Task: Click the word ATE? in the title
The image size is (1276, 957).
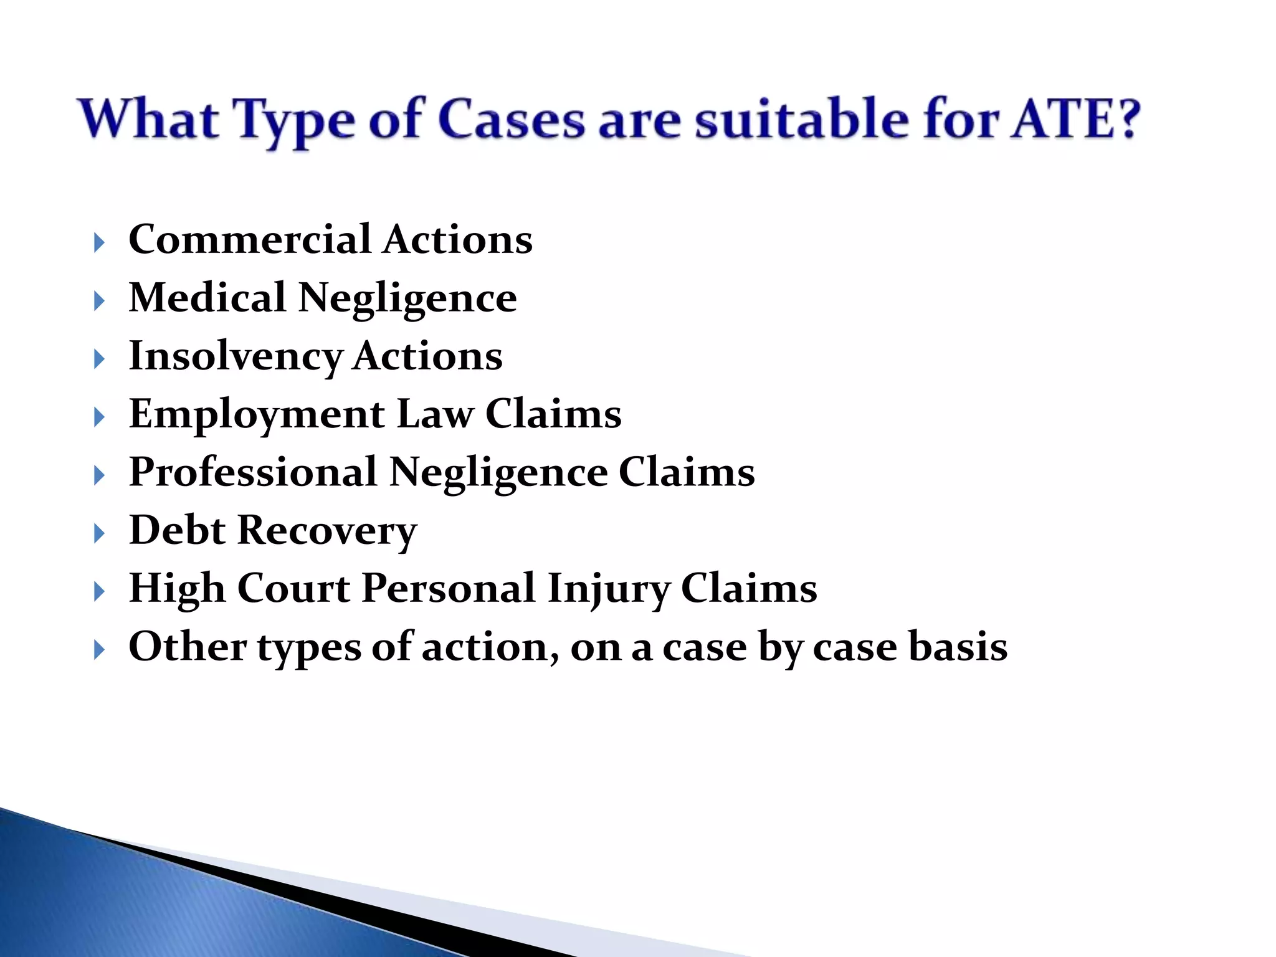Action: coord(1075,118)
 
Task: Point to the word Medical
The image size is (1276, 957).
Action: coord(207,297)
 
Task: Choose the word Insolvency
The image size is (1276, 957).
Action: coord(236,356)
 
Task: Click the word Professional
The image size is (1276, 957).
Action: coord(253,472)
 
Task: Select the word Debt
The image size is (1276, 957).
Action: coord(177,530)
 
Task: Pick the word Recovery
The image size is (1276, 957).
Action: coord(327,531)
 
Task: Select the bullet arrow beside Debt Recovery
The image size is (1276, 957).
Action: coord(99,533)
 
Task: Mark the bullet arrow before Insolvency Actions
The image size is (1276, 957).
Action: coord(99,359)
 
